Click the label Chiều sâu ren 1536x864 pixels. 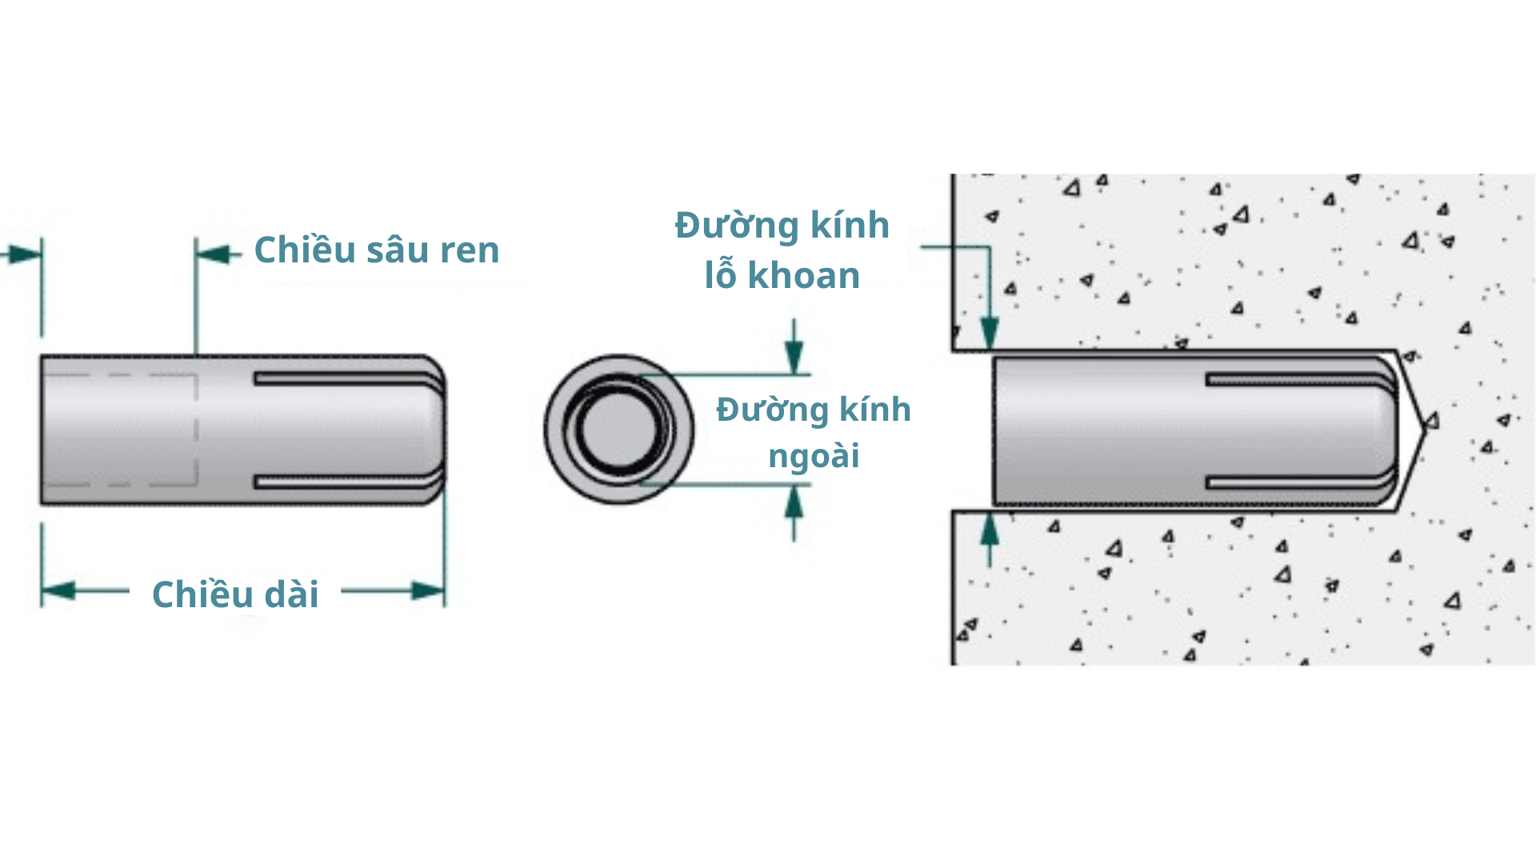point(376,250)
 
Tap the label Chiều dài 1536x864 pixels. point(235,594)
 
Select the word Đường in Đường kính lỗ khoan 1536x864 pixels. point(737,226)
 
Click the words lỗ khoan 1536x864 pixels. point(782,276)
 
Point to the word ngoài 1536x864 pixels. point(814,457)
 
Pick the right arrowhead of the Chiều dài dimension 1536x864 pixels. point(428,591)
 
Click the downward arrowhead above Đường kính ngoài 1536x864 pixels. point(794,355)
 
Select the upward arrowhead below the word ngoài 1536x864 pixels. point(794,502)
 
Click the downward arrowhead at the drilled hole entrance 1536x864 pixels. point(990,331)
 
